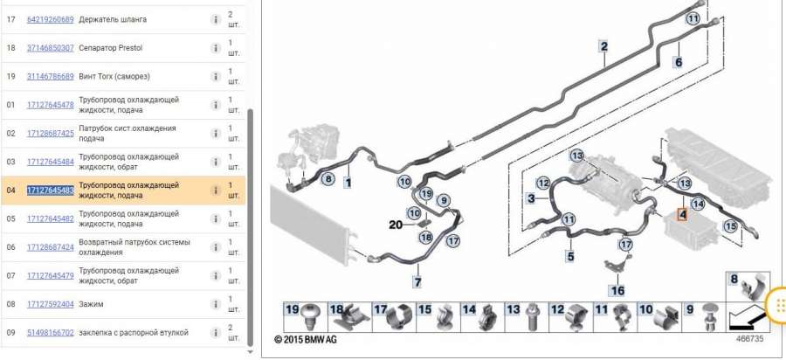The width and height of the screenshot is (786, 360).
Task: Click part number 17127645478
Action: (x=50, y=105)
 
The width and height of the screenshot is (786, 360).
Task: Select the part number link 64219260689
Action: (x=50, y=19)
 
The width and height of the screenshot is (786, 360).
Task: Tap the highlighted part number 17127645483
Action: (x=50, y=190)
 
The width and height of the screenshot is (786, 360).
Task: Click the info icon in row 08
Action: (x=215, y=304)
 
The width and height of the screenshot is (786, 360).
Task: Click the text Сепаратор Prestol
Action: (x=110, y=48)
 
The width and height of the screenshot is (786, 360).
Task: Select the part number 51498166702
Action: (x=50, y=332)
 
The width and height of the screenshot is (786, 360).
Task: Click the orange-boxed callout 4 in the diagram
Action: (x=682, y=215)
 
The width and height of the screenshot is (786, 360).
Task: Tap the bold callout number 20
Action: (x=396, y=225)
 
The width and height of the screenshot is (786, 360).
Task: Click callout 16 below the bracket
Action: (x=617, y=290)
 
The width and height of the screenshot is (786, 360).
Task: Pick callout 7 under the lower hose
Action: (x=417, y=282)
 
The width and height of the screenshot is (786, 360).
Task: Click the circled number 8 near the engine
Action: (x=327, y=178)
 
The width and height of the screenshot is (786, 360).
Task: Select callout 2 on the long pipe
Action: (x=604, y=46)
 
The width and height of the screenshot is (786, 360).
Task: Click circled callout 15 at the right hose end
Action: (x=731, y=226)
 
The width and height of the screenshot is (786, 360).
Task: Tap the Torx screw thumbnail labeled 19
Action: (x=307, y=317)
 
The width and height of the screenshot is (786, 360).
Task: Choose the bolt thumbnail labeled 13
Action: (x=527, y=317)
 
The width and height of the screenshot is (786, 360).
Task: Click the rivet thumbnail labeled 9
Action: (x=703, y=317)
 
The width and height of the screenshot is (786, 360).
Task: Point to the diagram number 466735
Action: (x=749, y=338)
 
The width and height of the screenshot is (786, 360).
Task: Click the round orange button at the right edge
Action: (x=778, y=304)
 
